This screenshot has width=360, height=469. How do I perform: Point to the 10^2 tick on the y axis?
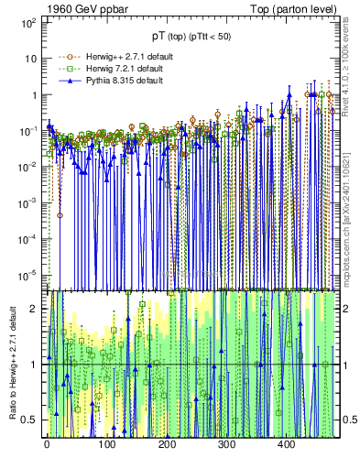point(29,22)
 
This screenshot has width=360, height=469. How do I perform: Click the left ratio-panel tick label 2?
point(35,309)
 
